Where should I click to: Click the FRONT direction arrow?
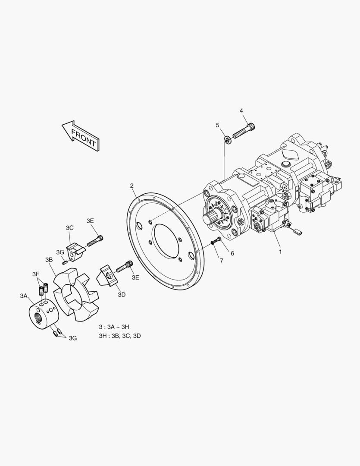tap(81, 135)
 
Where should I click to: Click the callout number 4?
tap(241, 110)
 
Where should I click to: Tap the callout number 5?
tap(218, 125)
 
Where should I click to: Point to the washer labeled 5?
tap(228, 139)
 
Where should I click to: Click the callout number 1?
tap(280, 252)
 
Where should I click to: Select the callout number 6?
tap(232, 253)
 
